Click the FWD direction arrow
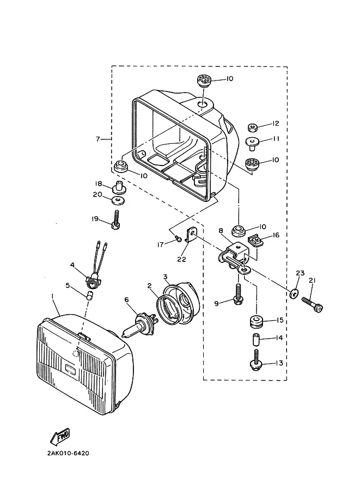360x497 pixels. click(x=59, y=437)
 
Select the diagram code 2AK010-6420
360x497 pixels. click(x=68, y=453)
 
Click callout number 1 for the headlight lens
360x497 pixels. click(x=53, y=296)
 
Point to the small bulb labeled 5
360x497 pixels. click(x=90, y=296)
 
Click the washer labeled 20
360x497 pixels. click(x=118, y=200)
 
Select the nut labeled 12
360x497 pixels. click(x=252, y=127)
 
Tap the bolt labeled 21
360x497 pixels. click(x=313, y=304)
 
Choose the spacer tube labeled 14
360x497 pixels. click(x=255, y=340)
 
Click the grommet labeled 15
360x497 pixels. click(x=256, y=321)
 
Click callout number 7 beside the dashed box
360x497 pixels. click(x=98, y=139)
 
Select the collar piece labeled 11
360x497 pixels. click(x=253, y=144)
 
